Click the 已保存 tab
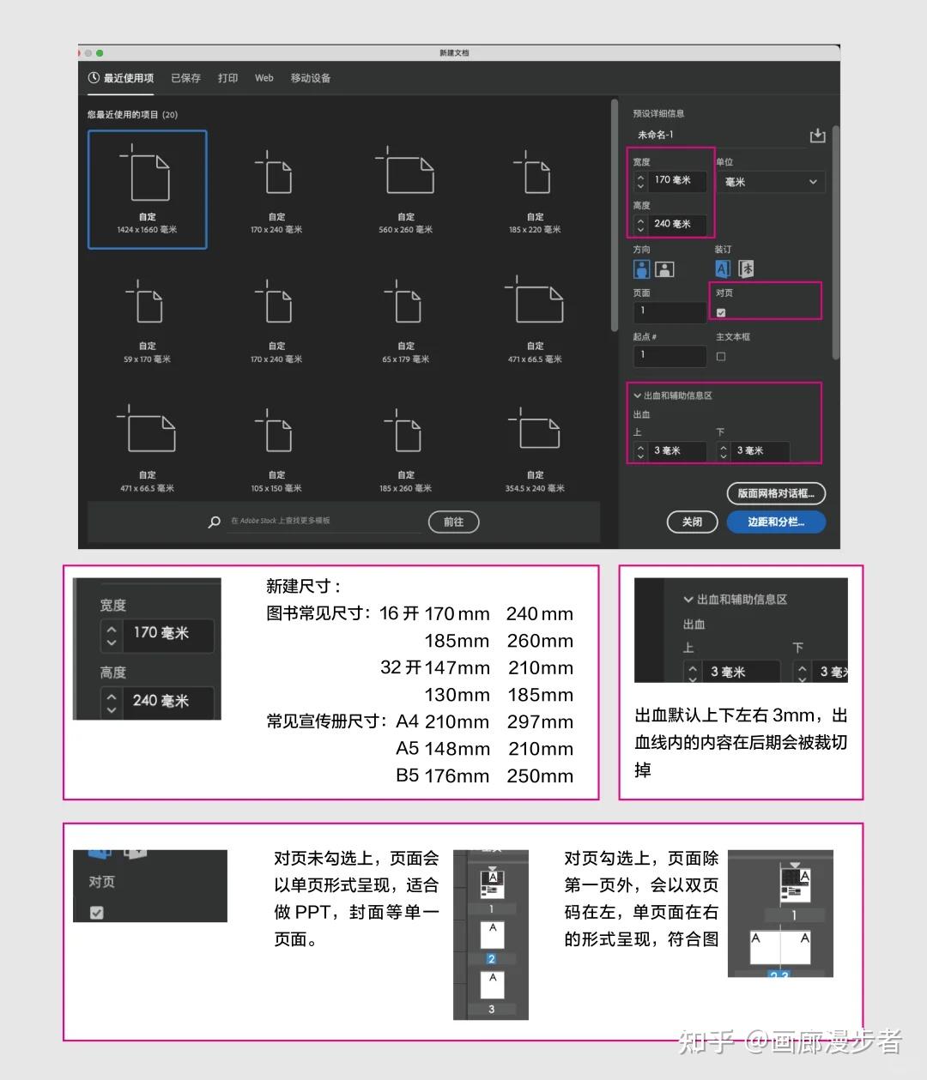pos(185,78)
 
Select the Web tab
pos(264,78)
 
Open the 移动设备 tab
pos(310,78)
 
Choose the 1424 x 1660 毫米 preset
pos(148,190)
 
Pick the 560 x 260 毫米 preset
pos(405,190)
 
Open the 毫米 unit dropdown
pos(770,182)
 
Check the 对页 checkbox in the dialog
pos(721,312)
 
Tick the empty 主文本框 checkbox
pos(721,356)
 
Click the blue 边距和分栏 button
pos(775,522)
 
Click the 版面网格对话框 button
pos(775,493)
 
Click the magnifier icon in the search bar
pos(215,522)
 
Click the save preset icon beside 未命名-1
pos(817,136)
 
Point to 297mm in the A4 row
pos(539,722)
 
